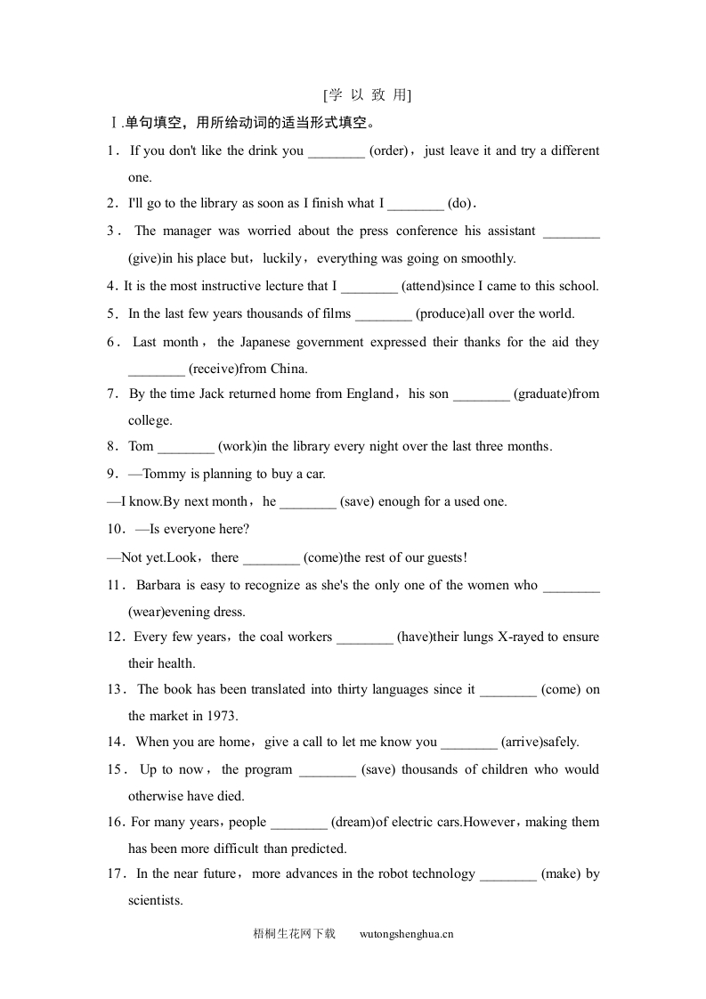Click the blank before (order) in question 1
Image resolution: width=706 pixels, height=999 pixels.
[x=337, y=151]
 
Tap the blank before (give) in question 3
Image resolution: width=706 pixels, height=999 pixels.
[x=571, y=231]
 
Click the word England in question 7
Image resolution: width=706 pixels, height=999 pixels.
[x=366, y=394]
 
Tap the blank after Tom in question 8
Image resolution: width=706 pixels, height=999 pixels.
[x=186, y=447]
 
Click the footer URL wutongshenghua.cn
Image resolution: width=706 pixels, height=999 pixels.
[x=407, y=934]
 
